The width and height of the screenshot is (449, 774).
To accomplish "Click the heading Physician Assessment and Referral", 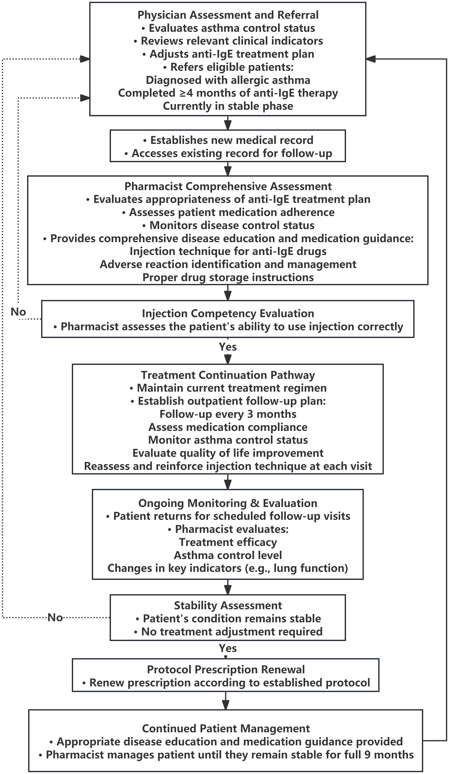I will coord(228,15).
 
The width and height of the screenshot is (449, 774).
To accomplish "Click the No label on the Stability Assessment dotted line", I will coord(55,617).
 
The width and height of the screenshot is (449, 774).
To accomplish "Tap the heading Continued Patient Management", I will coord(226,729).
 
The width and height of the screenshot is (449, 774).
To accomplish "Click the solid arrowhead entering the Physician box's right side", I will coord(371,59).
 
